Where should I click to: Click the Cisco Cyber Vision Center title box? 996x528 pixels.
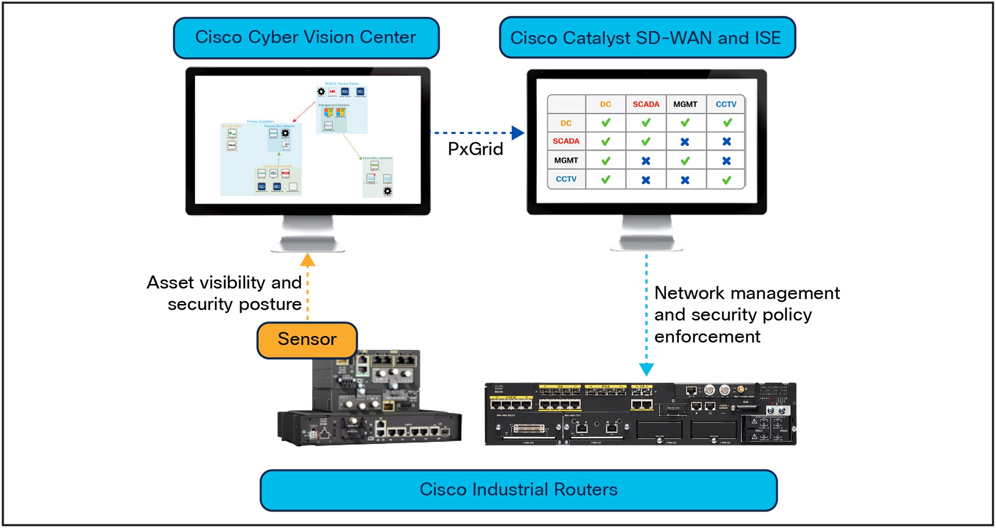(x=306, y=38)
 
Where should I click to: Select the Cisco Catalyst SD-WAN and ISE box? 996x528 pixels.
(x=647, y=38)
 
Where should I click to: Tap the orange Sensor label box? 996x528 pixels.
(x=307, y=339)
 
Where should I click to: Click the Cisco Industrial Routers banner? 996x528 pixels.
(x=518, y=490)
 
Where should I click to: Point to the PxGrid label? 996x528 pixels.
(x=475, y=149)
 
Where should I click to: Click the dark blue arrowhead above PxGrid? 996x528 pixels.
(x=518, y=133)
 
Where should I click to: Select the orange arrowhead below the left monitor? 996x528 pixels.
(x=307, y=260)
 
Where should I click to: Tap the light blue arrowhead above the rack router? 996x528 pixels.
(x=646, y=369)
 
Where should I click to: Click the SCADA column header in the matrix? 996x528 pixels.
(x=646, y=104)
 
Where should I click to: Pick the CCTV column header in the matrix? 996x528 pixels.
(x=726, y=104)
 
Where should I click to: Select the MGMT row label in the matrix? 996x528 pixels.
(x=566, y=160)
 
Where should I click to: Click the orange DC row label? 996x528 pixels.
(x=566, y=123)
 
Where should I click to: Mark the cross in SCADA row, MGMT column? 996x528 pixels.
(x=685, y=142)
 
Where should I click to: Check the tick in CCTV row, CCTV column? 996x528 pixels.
(x=726, y=180)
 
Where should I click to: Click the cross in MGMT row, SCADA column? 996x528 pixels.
(x=646, y=161)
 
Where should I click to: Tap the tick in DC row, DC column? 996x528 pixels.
(x=606, y=123)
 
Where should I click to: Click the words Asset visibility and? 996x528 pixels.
(x=224, y=282)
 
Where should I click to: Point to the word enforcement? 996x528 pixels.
(x=707, y=337)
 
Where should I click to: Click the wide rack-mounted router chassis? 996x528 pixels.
(x=640, y=414)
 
